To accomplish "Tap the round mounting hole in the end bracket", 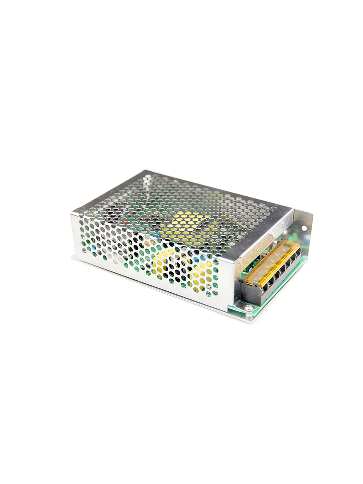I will (x=304, y=228).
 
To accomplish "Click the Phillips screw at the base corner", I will (x=248, y=308).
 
